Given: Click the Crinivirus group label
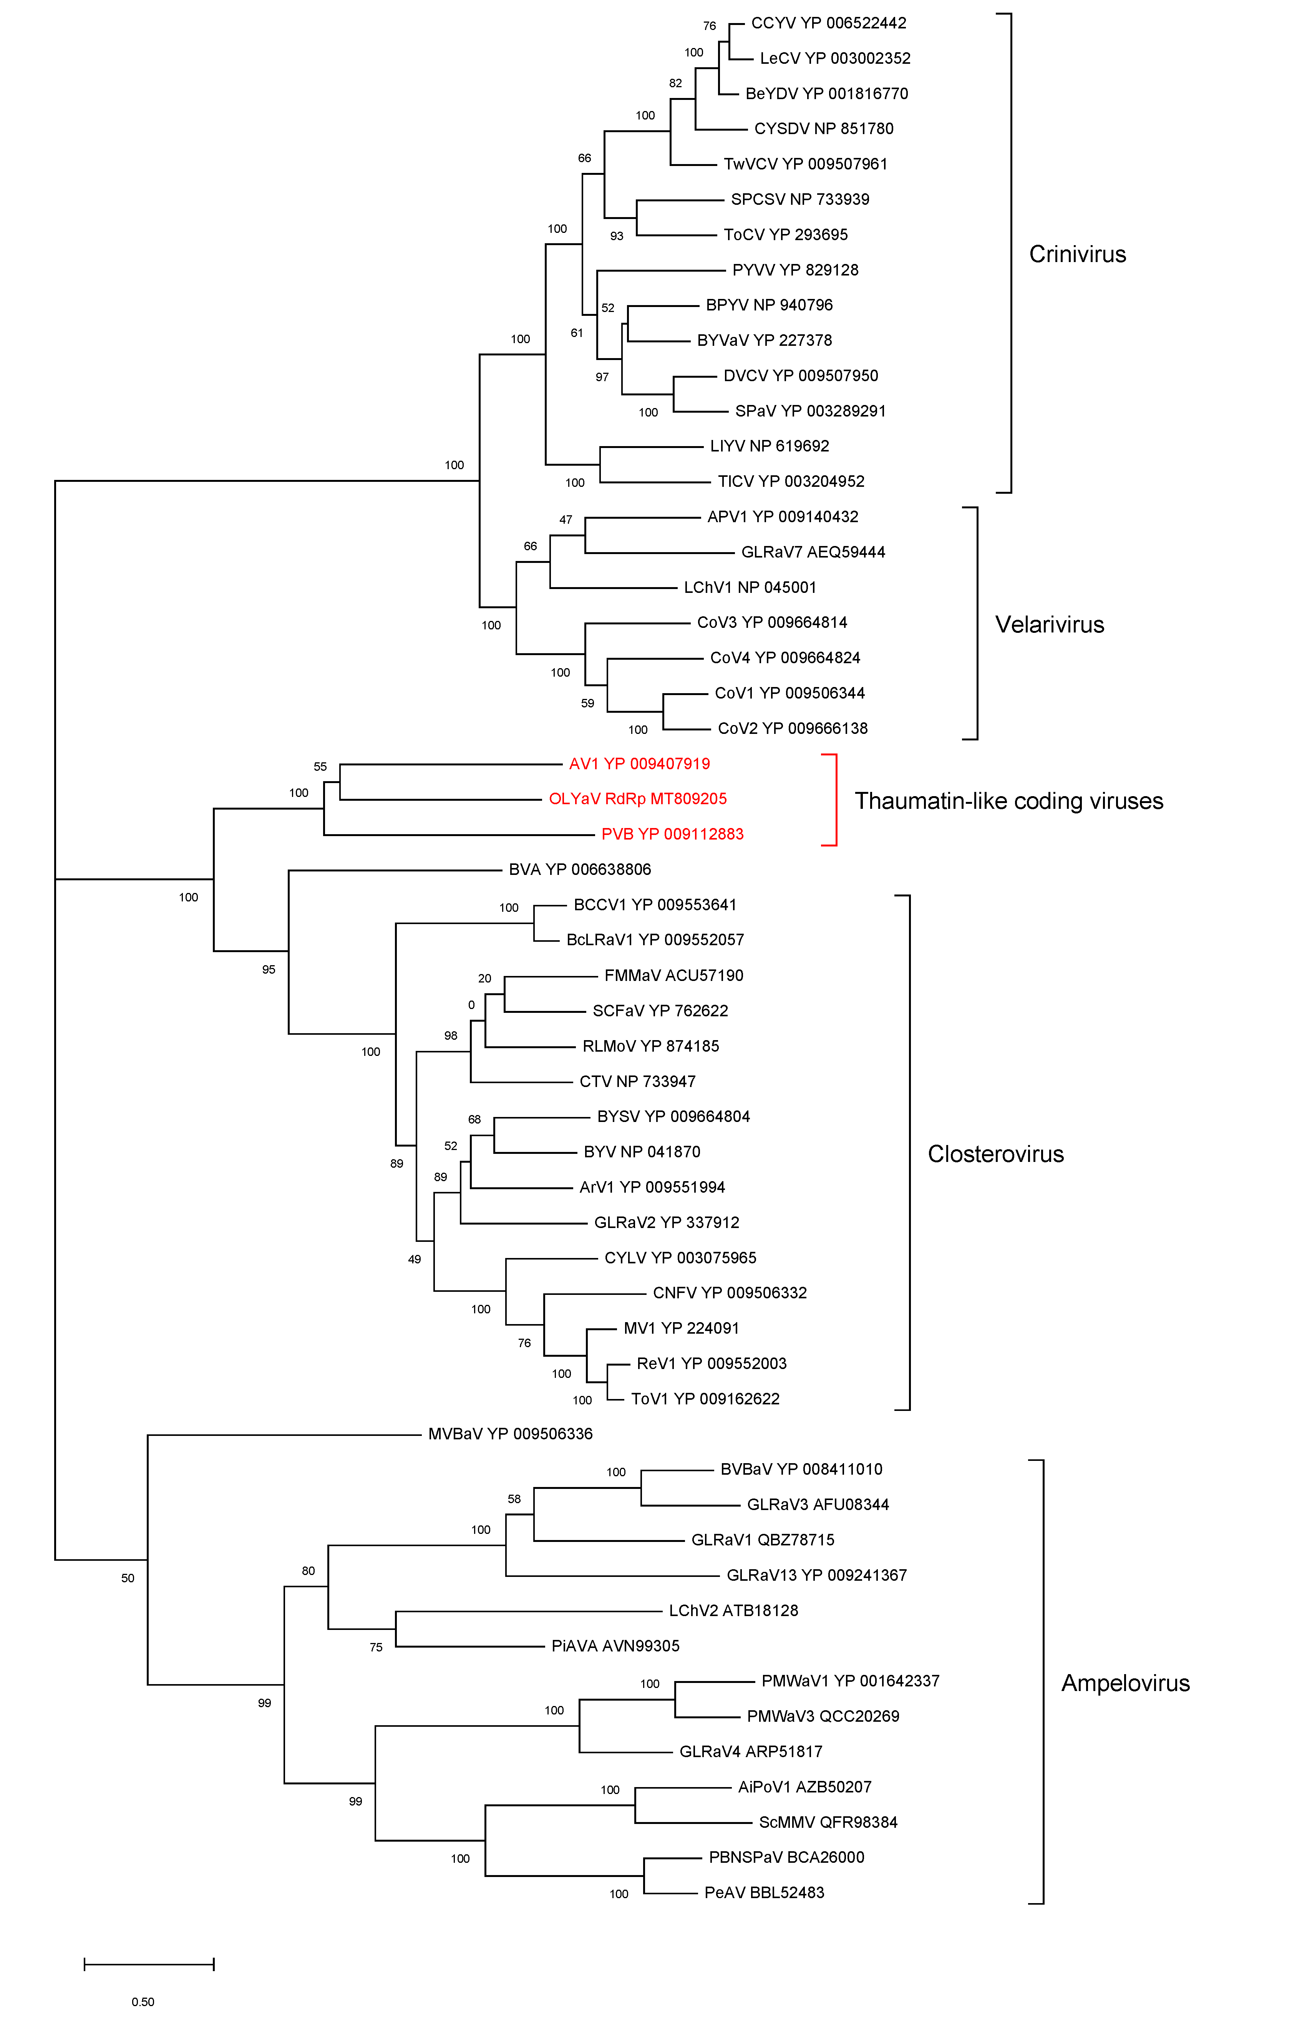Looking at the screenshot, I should click(x=1077, y=254).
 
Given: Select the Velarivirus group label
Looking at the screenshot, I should click(x=1049, y=625).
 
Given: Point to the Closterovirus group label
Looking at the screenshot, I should click(x=995, y=1154).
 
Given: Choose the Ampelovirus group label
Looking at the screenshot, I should click(x=1125, y=1683).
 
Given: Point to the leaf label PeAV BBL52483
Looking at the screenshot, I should click(x=764, y=1892).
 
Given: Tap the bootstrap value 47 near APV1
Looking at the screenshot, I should click(x=566, y=519).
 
